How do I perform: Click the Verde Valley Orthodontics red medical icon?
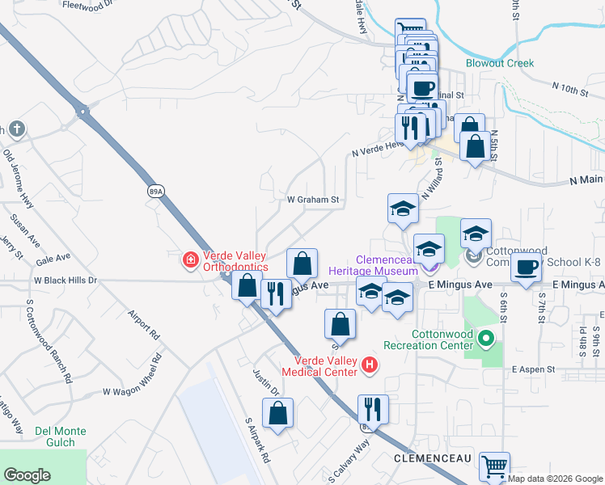coord(191,259)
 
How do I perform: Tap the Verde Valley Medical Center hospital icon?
coord(370,365)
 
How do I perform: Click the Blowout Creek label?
coord(500,63)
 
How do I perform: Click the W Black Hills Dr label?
coord(65,280)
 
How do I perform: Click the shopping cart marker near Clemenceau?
coord(494,466)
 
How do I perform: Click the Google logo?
coord(27,475)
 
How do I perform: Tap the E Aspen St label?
coord(533,369)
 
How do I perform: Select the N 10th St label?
coord(569,89)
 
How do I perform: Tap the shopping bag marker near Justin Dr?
coord(277,413)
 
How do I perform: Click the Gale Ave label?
coord(53,258)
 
